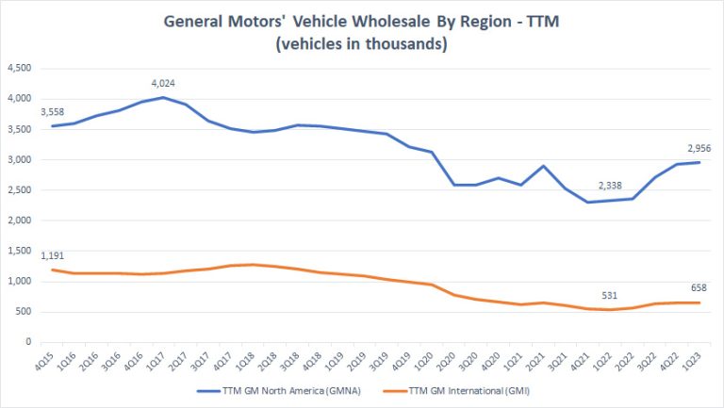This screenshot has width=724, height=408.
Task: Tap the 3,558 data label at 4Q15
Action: [x=51, y=110]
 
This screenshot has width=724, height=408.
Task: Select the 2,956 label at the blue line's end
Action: [x=687, y=148]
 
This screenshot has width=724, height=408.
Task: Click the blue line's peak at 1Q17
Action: [x=163, y=97]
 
